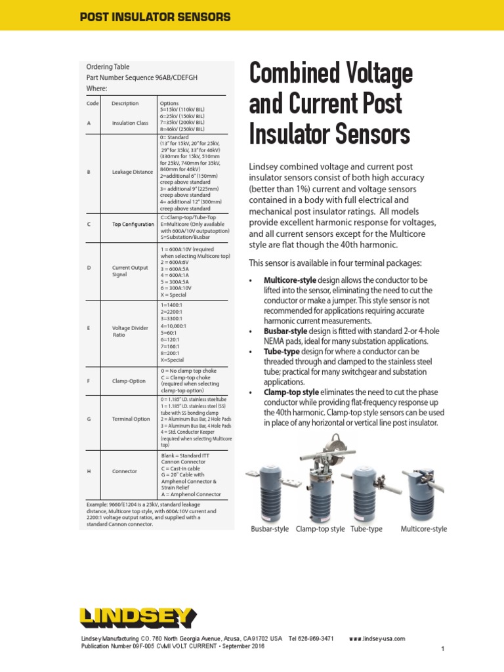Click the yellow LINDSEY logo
click(137, 618)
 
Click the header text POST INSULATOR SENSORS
click(155, 17)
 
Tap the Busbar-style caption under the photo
click(270, 529)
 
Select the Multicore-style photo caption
click(424, 529)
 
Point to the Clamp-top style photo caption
click(320, 529)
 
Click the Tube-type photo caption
click(366, 529)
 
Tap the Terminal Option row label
click(131, 419)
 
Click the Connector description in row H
click(125, 471)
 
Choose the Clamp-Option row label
click(129, 379)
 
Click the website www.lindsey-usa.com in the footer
click(377, 639)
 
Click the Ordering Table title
click(108, 67)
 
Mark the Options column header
click(169, 103)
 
